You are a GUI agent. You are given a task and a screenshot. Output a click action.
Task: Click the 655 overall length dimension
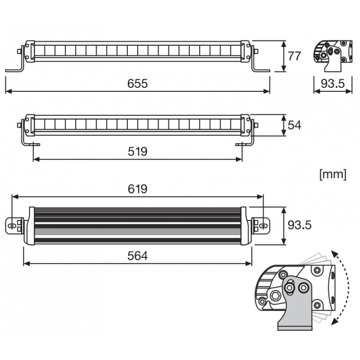pos(138,84)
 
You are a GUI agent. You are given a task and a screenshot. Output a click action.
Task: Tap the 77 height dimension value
pos(294,56)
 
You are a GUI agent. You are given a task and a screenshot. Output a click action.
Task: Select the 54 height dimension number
pos(294,126)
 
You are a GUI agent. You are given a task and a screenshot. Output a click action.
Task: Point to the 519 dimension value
pos(138,152)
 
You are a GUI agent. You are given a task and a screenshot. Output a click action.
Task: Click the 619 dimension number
pos(138,189)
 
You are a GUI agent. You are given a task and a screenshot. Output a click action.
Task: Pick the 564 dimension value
pos(138,256)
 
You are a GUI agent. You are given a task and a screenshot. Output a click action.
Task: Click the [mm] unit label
pos(333,175)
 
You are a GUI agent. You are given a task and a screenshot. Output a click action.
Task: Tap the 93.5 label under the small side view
pos(333,84)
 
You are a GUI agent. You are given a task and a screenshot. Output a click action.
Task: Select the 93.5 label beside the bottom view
pos(300,225)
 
